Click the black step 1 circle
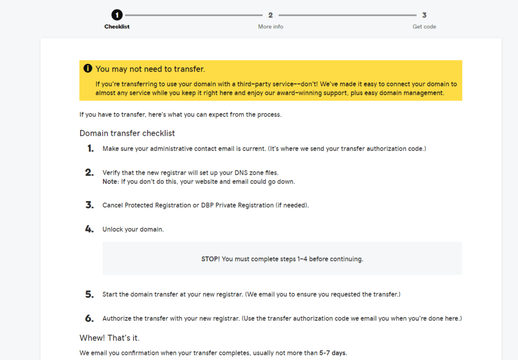(117, 15)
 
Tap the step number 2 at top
(271, 15)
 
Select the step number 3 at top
(424, 15)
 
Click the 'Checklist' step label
(117, 26)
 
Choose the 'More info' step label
(271, 26)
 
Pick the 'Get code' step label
(424, 26)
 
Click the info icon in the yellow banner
(88, 68)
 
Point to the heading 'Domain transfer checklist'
(127, 133)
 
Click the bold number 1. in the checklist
(90, 148)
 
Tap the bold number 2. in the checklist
(90, 173)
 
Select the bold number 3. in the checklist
(90, 205)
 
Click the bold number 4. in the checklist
(90, 229)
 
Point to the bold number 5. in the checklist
(90, 294)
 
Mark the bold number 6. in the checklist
(90, 318)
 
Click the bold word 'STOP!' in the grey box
(210, 259)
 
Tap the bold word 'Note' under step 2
(110, 181)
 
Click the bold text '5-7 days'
(333, 353)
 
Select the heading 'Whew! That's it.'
(109, 338)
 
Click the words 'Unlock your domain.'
(133, 229)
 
